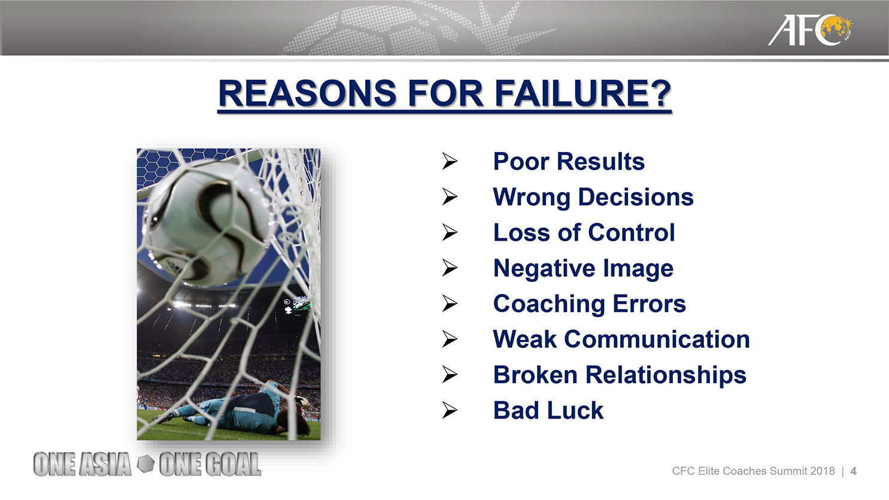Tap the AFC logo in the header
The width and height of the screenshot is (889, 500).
pyautogui.click(x=809, y=30)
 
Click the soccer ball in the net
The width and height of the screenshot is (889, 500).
pyautogui.click(x=208, y=223)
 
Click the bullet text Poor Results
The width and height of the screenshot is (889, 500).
pyautogui.click(x=569, y=162)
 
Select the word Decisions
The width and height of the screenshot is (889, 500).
pyautogui.click(x=635, y=197)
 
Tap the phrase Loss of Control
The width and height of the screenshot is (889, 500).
pyautogui.click(x=584, y=232)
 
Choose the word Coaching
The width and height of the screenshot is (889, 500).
pyautogui.click(x=549, y=304)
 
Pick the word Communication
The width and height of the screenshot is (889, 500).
pyautogui.click(x=657, y=340)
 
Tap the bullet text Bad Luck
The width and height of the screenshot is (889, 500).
pyautogui.click(x=548, y=410)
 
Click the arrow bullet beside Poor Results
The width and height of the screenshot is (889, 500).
pyautogui.click(x=450, y=162)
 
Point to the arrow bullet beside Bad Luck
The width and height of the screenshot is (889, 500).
pyautogui.click(x=450, y=410)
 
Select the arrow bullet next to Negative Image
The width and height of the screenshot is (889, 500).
pyautogui.click(x=450, y=268)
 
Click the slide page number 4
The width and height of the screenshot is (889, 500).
pyautogui.click(x=853, y=471)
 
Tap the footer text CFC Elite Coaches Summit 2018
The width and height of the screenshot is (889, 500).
pyautogui.click(x=753, y=471)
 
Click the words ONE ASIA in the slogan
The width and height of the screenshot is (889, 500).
pyautogui.click(x=82, y=464)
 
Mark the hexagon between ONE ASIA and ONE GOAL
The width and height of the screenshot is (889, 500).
pyautogui.click(x=145, y=464)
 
